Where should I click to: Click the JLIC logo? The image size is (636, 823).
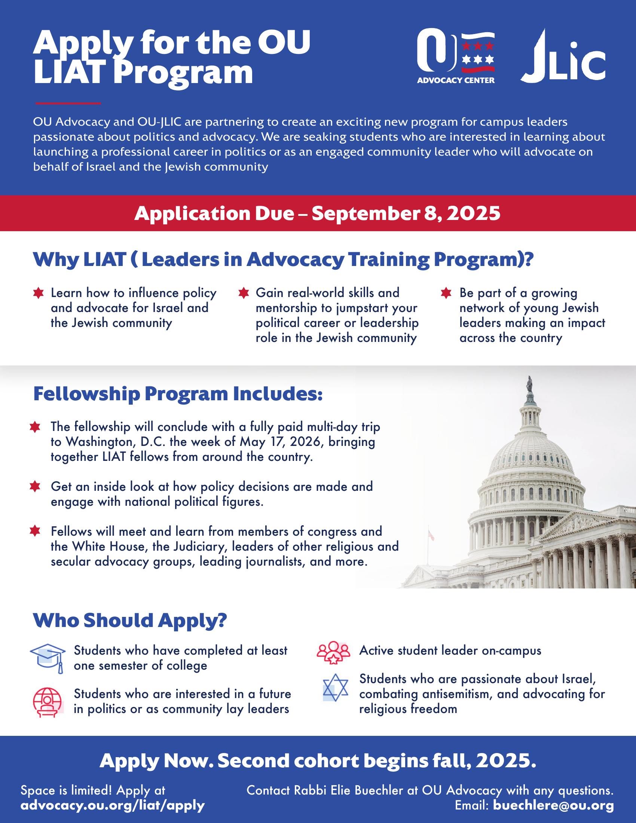click(x=563, y=56)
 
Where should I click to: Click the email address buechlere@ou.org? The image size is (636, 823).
click(x=553, y=805)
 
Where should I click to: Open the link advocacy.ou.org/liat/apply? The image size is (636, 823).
click(x=113, y=805)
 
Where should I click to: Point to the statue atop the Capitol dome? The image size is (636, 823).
click(x=530, y=384)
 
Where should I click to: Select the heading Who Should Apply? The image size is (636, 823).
click(x=130, y=620)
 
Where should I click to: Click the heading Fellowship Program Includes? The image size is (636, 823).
click(x=178, y=394)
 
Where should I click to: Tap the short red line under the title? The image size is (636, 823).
click(x=68, y=103)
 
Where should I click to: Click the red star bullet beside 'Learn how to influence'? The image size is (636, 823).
click(x=38, y=294)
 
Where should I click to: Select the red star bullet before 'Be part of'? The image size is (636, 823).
click(x=446, y=294)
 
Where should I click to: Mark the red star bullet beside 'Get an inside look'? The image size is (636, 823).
click(x=35, y=486)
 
